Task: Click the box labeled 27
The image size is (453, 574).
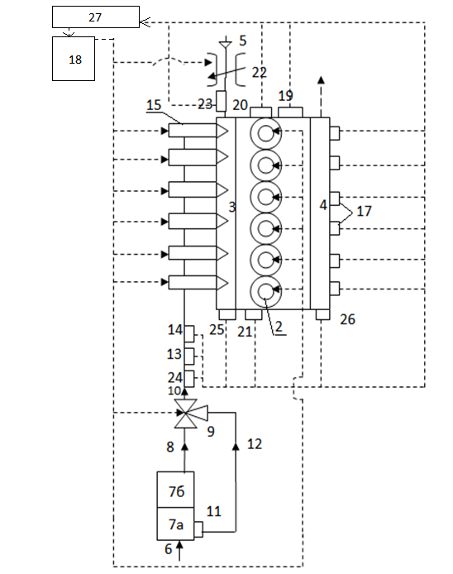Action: click(x=96, y=17)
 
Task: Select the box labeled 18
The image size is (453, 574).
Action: click(x=74, y=59)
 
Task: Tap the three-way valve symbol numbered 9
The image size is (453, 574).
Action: click(x=189, y=414)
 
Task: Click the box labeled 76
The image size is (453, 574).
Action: click(x=175, y=490)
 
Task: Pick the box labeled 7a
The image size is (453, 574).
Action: click(x=175, y=524)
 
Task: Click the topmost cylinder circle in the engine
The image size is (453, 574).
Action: click(x=266, y=133)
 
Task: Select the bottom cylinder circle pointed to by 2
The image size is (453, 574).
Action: click(x=266, y=291)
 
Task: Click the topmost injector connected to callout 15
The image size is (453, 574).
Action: click(x=198, y=131)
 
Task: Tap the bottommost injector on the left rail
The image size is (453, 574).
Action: click(x=198, y=283)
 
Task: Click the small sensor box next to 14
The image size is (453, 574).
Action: click(x=189, y=334)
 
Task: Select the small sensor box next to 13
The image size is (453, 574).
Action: click(x=189, y=356)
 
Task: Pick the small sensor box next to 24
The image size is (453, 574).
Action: click(x=189, y=379)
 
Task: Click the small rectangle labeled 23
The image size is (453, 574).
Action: click(x=222, y=101)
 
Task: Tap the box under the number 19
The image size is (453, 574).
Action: click(x=290, y=112)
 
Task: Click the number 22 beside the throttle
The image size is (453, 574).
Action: click(x=259, y=73)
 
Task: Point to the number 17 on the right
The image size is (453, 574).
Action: click(x=364, y=211)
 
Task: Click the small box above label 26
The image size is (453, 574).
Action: click(x=322, y=315)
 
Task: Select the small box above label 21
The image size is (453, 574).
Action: click(x=254, y=315)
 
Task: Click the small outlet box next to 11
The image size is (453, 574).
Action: click(x=198, y=529)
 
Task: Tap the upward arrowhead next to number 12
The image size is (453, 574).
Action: click(x=236, y=447)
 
